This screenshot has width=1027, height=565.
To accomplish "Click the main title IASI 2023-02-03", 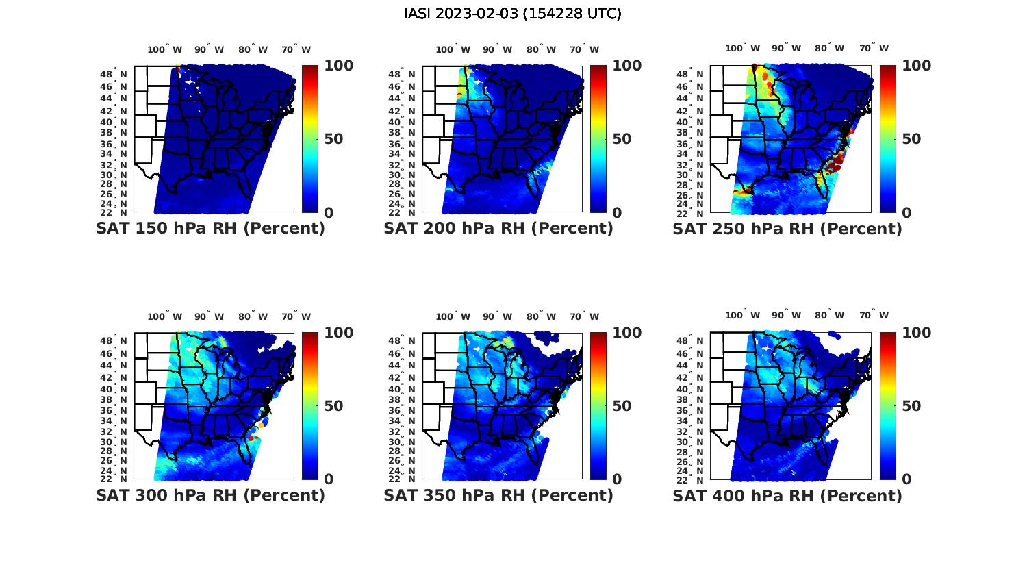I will coord(513,14).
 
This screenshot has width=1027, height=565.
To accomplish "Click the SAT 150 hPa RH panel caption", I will coord(210,229).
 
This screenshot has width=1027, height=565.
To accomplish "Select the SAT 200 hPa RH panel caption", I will coord(498,229).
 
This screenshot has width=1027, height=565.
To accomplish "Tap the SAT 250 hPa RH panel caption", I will coord(787,229).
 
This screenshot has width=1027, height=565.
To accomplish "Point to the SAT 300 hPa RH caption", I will coord(210,495).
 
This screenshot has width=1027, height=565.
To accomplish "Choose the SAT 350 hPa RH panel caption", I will coord(498,495).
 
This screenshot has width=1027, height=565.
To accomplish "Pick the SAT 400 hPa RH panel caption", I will coord(787,495).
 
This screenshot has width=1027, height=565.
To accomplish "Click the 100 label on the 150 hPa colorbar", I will coord(338,66).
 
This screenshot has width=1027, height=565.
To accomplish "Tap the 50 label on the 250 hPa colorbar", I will coord(911,139).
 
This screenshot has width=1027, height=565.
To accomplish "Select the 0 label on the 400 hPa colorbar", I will coord(906,479).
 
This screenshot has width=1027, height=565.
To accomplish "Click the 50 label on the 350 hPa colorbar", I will coord(622,406).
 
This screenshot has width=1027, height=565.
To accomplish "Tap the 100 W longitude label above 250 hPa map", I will coord(743,48).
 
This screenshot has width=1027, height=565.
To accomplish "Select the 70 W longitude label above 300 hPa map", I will coord(296,316).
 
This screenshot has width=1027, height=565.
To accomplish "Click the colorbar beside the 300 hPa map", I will coord(309,406).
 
